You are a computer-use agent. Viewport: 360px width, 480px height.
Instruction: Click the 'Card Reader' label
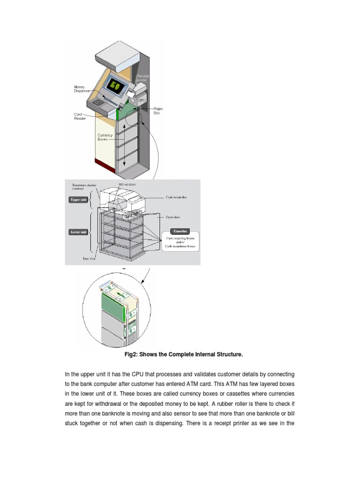coord(80,116)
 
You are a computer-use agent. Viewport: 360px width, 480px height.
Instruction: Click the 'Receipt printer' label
coord(142,78)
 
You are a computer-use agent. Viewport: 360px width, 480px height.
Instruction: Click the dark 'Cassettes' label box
coord(180,232)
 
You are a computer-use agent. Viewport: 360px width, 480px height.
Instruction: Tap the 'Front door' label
coord(174,217)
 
